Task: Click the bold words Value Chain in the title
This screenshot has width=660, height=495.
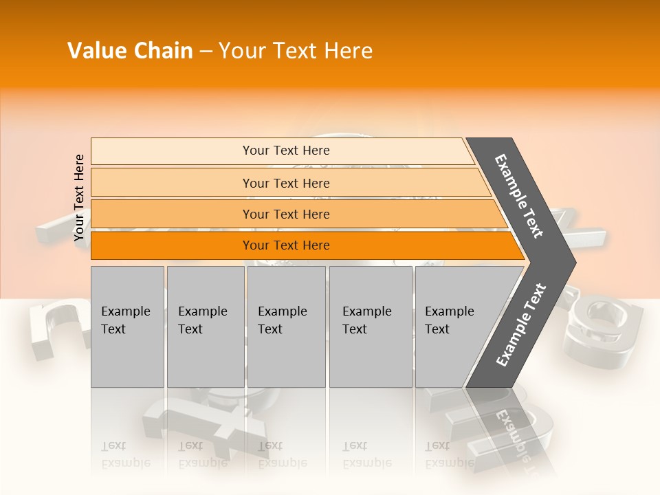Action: (x=130, y=51)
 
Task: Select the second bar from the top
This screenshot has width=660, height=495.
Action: (x=285, y=183)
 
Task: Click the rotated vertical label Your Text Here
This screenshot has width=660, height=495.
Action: (x=79, y=198)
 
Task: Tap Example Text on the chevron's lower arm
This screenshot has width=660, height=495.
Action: (x=520, y=324)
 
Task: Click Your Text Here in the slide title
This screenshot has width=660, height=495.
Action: (x=296, y=51)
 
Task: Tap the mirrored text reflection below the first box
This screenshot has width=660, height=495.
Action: (x=125, y=454)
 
